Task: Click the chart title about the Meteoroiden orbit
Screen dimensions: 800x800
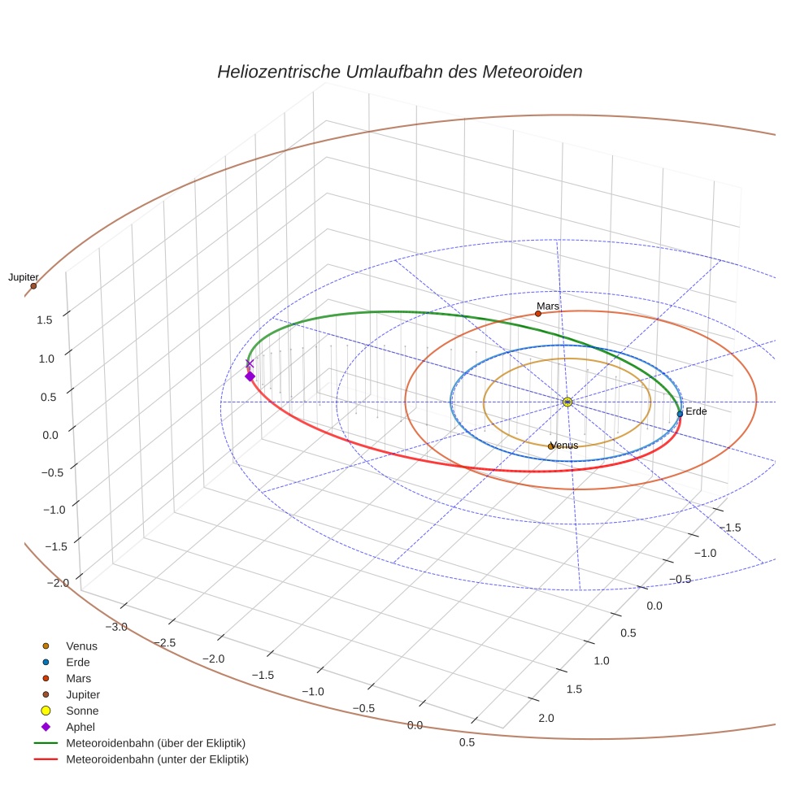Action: pyautogui.click(x=399, y=72)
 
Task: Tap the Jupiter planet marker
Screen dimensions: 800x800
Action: pyautogui.click(x=33, y=286)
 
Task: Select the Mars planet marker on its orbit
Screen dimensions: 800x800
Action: pyautogui.click(x=538, y=314)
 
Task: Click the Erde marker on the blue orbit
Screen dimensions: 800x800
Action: pyautogui.click(x=680, y=414)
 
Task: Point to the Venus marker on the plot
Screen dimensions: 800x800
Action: pyautogui.click(x=550, y=446)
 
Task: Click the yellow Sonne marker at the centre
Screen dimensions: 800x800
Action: pyautogui.click(x=567, y=402)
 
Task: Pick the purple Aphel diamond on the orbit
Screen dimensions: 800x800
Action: pyautogui.click(x=250, y=376)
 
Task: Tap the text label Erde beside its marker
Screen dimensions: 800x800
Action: pyautogui.click(x=696, y=412)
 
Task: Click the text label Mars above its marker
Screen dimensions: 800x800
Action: pyautogui.click(x=548, y=307)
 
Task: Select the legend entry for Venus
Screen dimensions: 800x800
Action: pyautogui.click(x=81, y=646)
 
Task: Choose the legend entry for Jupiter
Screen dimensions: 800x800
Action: pyautogui.click(x=83, y=695)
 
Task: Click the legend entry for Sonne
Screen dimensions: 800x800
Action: pyautogui.click(x=82, y=711)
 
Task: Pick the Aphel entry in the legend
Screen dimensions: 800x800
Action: pyautogui.click(x=80, y=727)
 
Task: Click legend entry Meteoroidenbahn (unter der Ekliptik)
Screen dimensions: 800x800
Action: pyautogui.click(x=157, y=759)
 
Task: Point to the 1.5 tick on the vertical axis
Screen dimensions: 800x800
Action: pyautogui.click(x=44, y=320)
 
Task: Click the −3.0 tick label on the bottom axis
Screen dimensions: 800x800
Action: pyautogui.click(x=117, y=627)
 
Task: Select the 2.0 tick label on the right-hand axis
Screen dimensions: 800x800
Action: pyautogui.click(x=546, y=718)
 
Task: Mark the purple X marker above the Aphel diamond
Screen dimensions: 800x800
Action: pyautogui.click(x=250, y=364)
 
